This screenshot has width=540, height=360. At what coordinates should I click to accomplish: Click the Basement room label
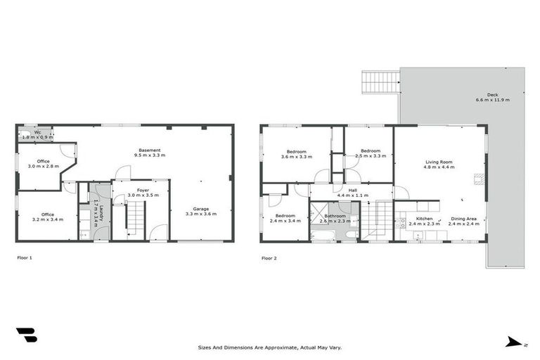149,150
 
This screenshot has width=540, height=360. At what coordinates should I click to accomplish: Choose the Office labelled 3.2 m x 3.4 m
47,214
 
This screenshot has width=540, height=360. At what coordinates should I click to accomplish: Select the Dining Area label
463,219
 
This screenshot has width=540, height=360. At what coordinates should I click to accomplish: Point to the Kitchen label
424,219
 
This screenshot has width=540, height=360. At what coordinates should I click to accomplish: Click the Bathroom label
335,216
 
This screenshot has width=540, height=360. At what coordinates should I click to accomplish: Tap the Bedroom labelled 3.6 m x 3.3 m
296,151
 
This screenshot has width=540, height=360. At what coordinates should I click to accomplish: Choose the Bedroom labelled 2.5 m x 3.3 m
370,151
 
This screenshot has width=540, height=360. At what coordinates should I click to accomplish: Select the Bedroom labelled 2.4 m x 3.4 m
285,216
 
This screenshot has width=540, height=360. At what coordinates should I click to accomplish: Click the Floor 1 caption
25,258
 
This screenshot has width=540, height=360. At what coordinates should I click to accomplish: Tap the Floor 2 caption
269,258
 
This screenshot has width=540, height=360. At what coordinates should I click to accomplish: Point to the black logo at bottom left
26,335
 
